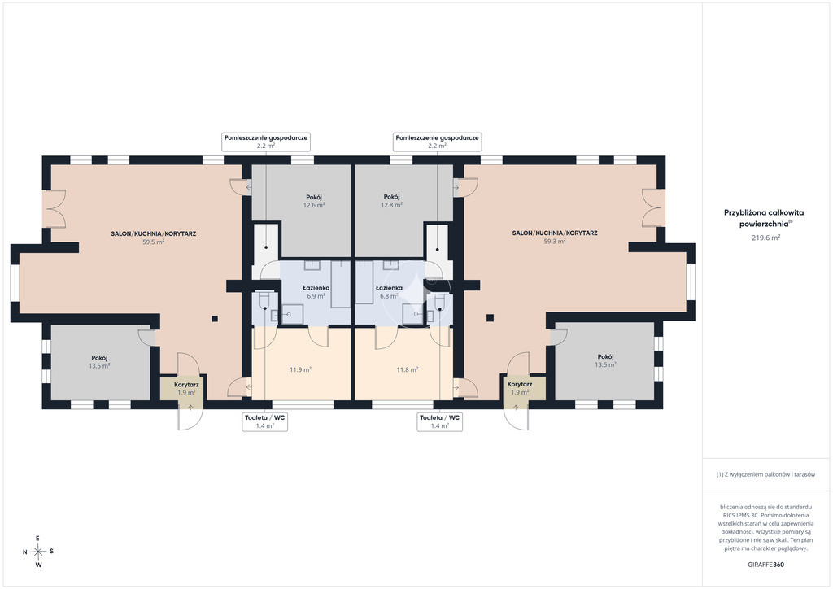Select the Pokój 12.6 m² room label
click(314, 201)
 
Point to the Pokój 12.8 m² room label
click(391, 200)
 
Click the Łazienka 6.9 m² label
click(316, 291)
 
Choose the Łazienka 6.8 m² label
click(389, 291)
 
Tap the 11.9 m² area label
click(301, 369)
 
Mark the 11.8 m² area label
click(408, 369)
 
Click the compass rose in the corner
click(38, 552)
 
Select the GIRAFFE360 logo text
click(765, 565)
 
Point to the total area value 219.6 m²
click(765, 238)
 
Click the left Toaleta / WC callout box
click(264, 421)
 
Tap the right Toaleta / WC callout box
click(439, 421)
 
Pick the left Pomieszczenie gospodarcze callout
click(266, 142)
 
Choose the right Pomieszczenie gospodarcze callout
click(437, 142)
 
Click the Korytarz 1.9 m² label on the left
click(186, 388)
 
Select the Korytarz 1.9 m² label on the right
click(520, 388)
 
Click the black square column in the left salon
click(215, 319)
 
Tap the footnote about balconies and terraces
click(765, 474)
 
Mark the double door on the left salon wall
click(55, 209)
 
